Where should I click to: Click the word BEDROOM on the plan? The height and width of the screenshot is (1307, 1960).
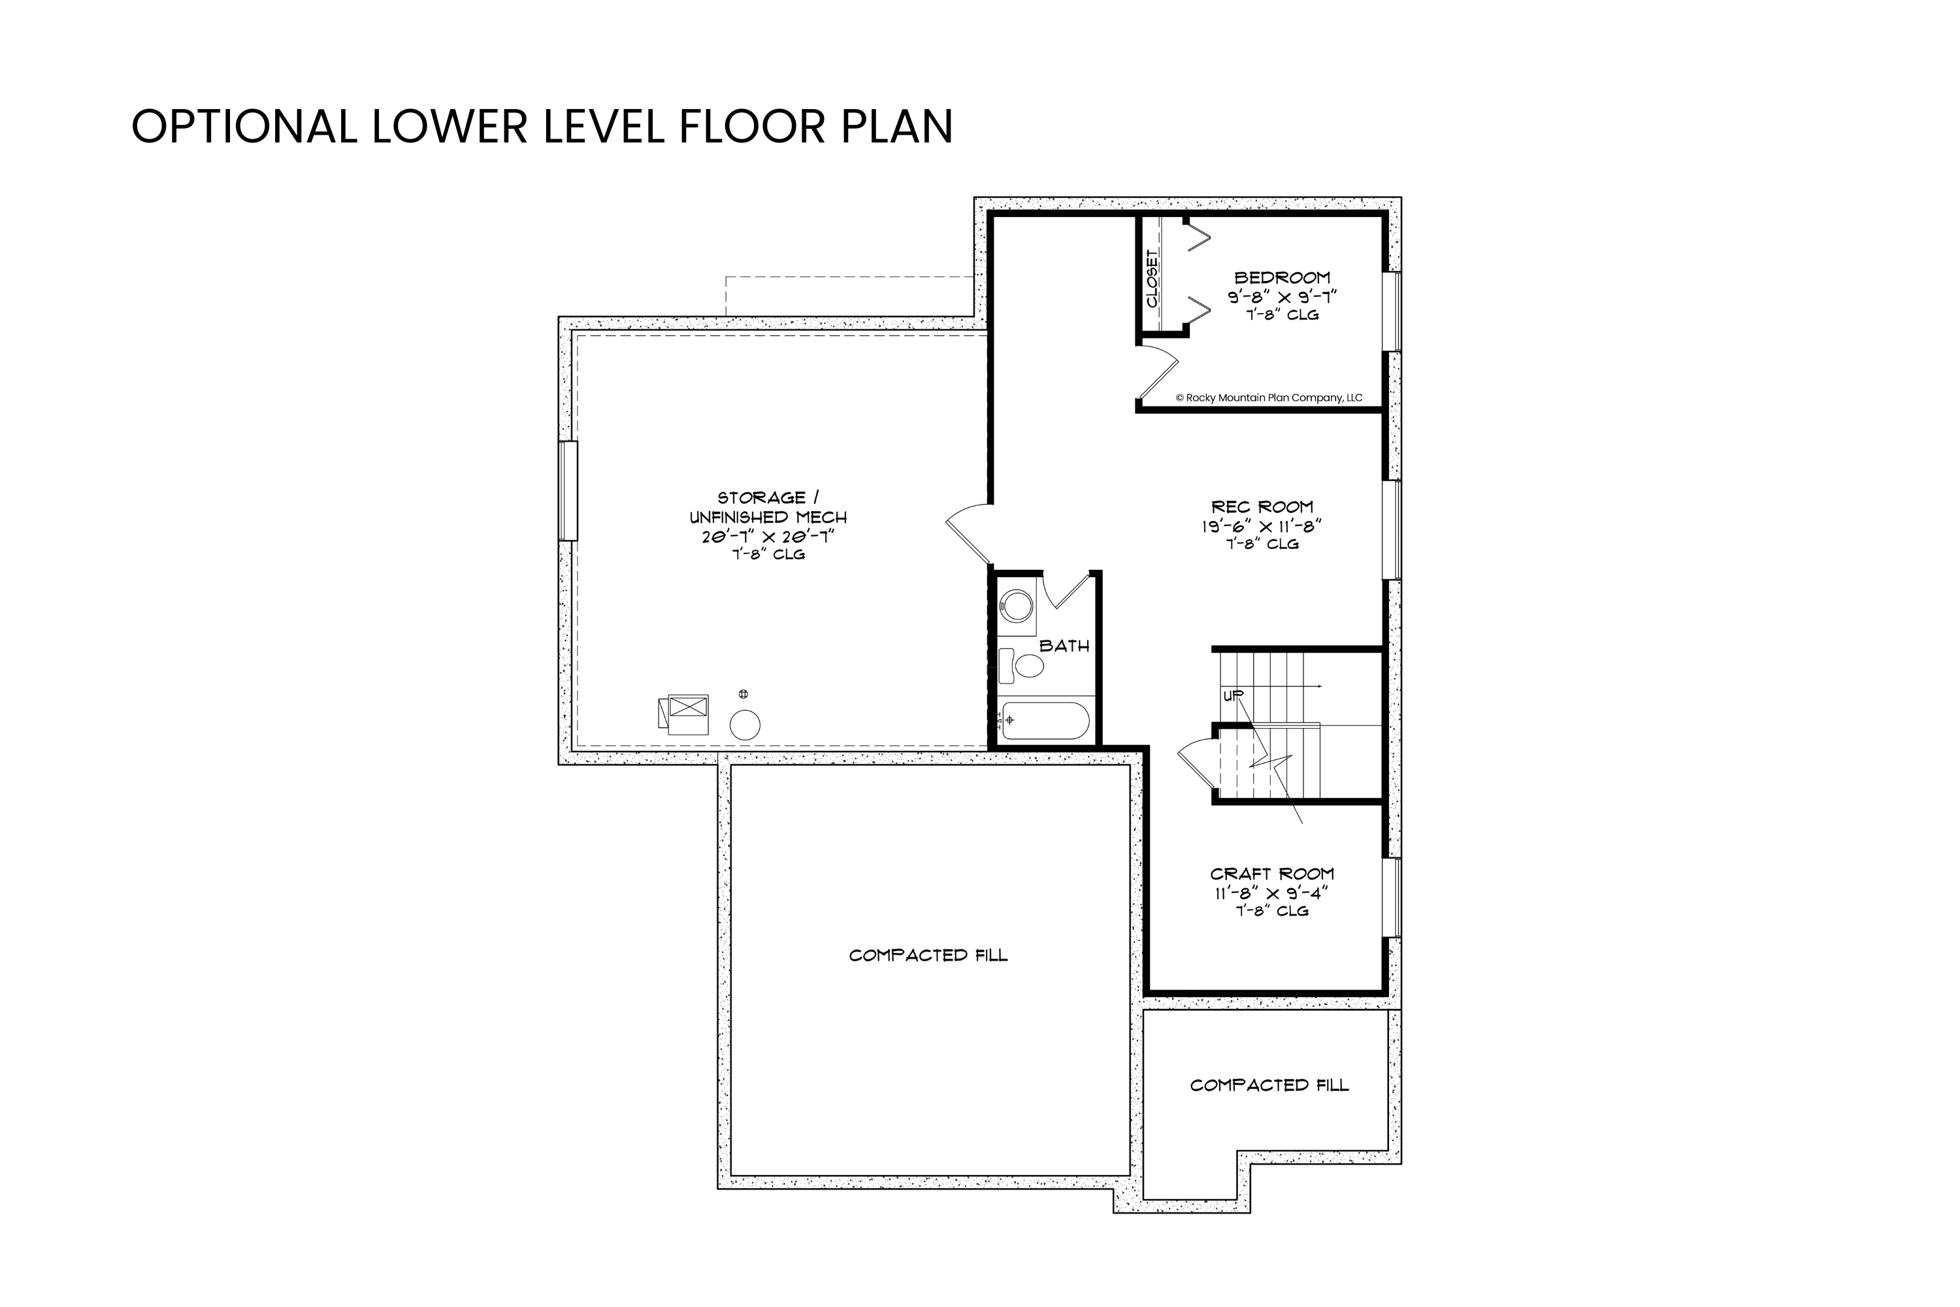coord(1282,278)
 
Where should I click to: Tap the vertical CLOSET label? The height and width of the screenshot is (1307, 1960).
coord(1152,278)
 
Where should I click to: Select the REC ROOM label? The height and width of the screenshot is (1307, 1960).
coord(1262,507)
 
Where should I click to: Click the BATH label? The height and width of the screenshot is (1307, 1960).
coord(1064,646)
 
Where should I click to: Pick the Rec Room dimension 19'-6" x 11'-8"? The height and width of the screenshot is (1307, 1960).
coord(1262,526)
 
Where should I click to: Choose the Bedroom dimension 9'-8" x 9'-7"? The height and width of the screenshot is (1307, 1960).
coord(1282,297)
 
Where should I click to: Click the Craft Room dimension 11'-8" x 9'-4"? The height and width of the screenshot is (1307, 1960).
coord(1271,893)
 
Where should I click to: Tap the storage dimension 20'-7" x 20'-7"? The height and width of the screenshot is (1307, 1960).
coord(768,537)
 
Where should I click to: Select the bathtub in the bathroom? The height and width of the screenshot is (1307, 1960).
coord(1045,721)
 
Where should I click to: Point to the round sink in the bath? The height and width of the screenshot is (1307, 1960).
coord(1016,606)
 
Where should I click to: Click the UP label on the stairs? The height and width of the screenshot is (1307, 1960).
coord(1232,696)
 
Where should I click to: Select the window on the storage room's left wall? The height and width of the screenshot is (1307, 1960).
coord(568,491)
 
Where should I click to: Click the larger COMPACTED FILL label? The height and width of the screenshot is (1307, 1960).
coord(928,955)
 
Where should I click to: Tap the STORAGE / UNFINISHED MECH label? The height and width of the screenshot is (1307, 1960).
coord(768,507)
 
